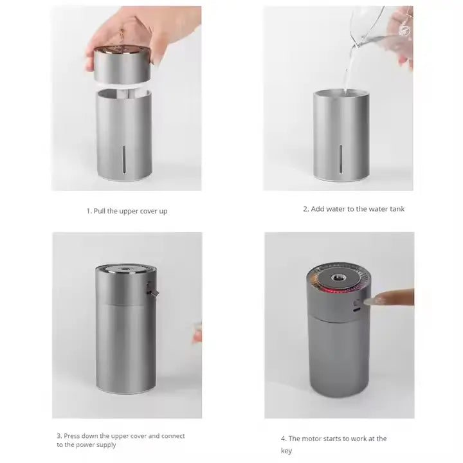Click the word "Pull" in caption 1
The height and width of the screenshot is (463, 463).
(100, 211)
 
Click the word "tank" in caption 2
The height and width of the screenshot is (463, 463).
(397, 209)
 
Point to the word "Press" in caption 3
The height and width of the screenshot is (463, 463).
(72, 436)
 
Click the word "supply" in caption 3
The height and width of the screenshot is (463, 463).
(107, 445)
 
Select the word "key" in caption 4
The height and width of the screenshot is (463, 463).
(286, 451)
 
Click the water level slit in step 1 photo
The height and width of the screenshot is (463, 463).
(124, 159)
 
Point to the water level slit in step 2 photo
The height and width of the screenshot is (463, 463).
(341, 159)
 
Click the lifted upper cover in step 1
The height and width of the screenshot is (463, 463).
(122, 64)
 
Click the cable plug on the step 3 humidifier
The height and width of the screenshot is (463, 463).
(152, 289)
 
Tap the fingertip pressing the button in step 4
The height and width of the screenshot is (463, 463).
(370, 301)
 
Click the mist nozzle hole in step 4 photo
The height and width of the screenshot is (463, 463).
(336, 278)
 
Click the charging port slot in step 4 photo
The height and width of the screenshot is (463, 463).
(357, 310)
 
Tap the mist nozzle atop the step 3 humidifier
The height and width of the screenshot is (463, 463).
(125, 269)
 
